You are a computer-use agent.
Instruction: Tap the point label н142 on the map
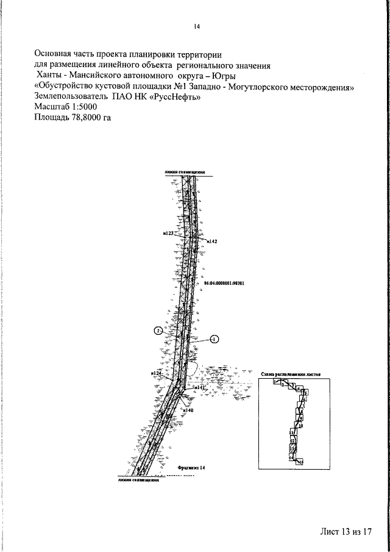pos(212,242)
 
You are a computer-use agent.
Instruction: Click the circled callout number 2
pos(158,331)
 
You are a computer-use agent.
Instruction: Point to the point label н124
pos(154,372)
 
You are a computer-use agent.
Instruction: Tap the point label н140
pos(188,410)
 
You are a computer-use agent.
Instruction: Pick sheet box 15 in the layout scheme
pos(300,462)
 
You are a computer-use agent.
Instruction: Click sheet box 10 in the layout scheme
pos(300,426)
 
